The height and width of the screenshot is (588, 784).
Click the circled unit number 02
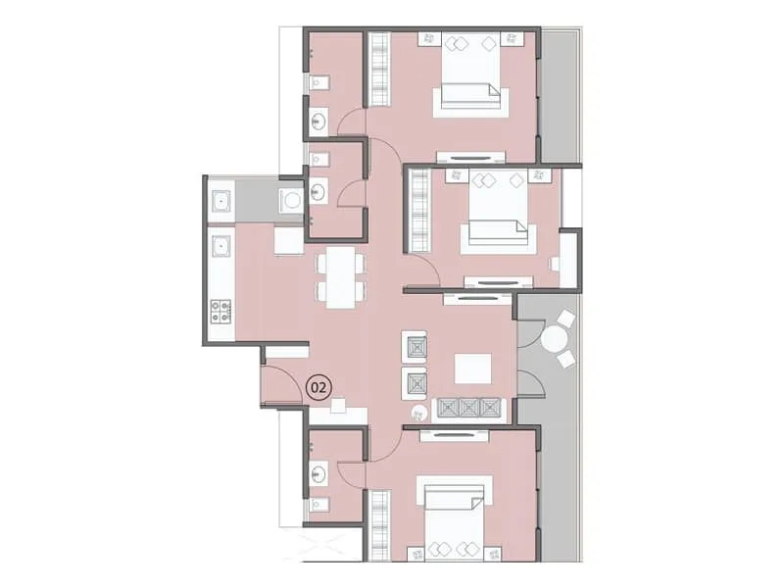[318, 387]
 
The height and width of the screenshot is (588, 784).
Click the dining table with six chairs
[339, 276]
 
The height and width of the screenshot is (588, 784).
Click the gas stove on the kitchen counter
[221, 312]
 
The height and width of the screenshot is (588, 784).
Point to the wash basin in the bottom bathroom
[318, 474]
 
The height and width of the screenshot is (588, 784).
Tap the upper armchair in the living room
[416, 347]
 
